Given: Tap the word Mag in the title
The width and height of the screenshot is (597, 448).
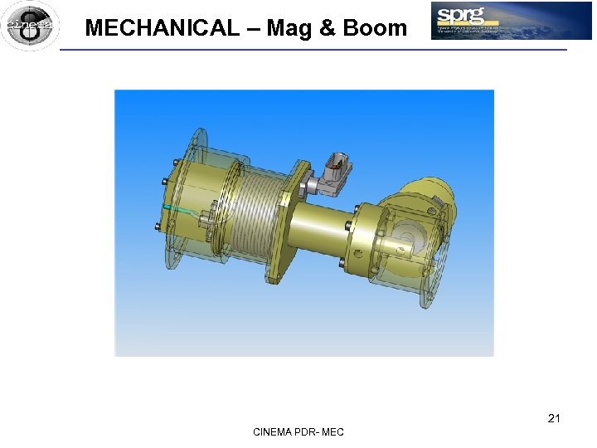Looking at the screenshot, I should click(x=290, y=28).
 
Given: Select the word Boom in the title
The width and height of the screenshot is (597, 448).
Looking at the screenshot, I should click(x=375, y=28).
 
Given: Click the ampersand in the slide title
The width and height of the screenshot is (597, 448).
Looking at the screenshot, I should click(x=328, y=28).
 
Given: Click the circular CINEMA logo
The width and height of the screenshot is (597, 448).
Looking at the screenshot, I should click(x=30, y=26).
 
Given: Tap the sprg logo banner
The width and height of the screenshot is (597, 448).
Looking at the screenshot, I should click(x=511, y=21).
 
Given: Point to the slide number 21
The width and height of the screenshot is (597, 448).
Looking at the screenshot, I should click(x=554, y=418).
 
